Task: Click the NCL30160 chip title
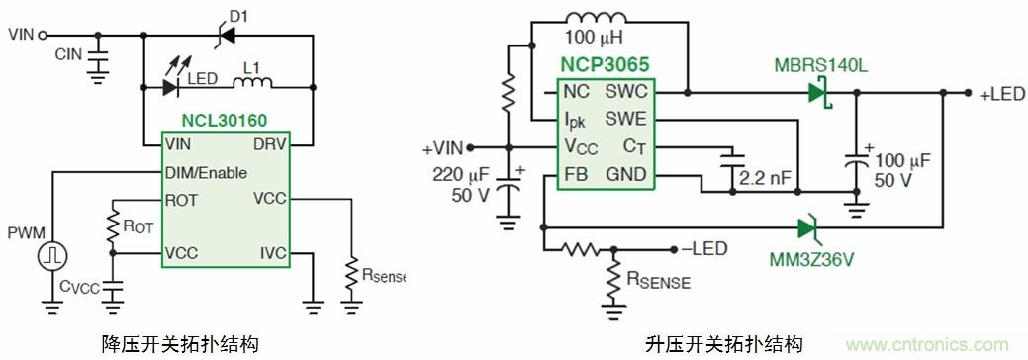coord(225,122)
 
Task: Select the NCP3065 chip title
coord(605,65)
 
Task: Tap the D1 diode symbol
coord(227,34)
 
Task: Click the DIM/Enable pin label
coord(207,173)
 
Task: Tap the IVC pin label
coord(272,253)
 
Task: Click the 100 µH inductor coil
coord(596,18)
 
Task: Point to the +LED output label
coord(1001,94)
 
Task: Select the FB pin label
coord(572,174)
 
